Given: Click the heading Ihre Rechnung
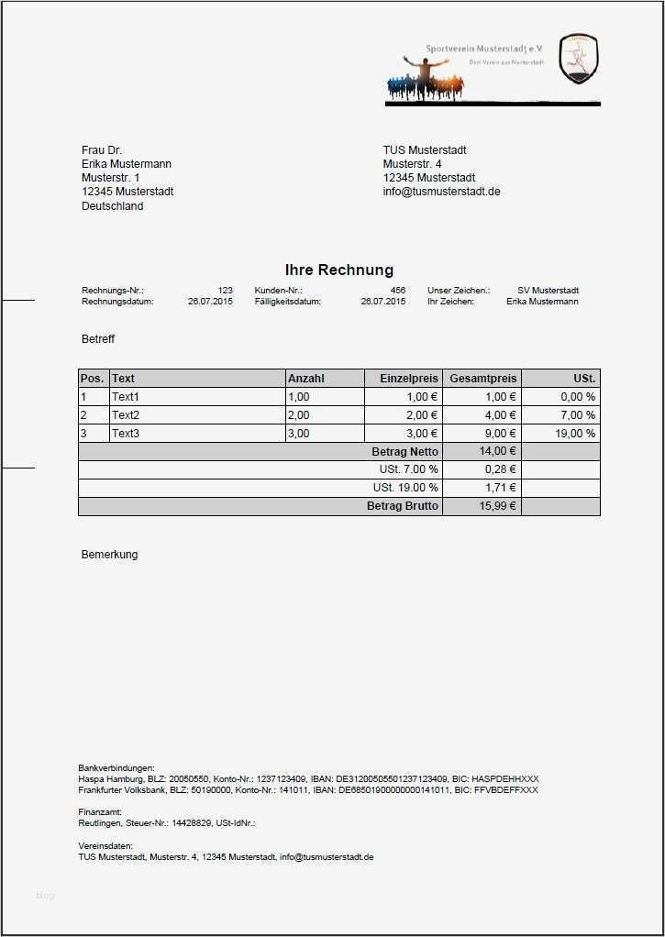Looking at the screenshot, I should click(x=338, y=270).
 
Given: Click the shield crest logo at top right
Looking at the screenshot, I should click(x=578, y=59).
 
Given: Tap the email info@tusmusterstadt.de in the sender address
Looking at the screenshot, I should click(x=441, y=192).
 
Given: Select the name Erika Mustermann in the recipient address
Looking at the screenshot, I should click(x=127, y=164).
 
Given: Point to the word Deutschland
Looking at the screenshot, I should click(x=112, y=206).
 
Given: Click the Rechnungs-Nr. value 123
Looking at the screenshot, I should click(x=225, y=291).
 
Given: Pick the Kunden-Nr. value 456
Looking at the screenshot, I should click(x=397, y=291).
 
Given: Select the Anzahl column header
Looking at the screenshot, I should click(x=306, y=378).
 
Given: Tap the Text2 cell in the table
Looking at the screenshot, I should click(x=126, y=415).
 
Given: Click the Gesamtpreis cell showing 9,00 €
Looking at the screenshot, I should click(x=501, y=434).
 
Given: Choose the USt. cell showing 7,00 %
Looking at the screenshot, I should click(x=577, y=415).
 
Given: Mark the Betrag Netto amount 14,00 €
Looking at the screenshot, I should click(x=497, y=451).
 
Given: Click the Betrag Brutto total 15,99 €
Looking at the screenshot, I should click(x=498, y=506).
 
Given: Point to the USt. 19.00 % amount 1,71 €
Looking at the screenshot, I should click(x=500, y=488).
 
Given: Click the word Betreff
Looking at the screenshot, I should click(x=98, y=339).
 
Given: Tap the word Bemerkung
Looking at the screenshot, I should click(x=109, y=555).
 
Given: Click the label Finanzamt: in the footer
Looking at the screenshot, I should click(x=100, y=811).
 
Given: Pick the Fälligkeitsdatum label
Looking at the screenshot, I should click(x=287, y=302).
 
